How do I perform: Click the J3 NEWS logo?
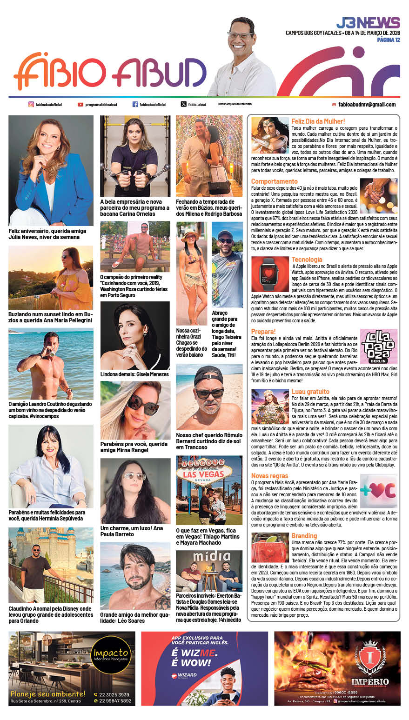click(x=368, y=23)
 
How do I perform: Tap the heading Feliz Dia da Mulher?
click(x=318, y=121)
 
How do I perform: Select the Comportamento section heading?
click(x=274, y=181)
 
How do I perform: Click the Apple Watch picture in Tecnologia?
click(x=270, y=273)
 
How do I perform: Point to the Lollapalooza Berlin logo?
click(x=378, y=346)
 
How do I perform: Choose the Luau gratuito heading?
click(x=310, y=392)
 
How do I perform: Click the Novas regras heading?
click(x=269, y=476)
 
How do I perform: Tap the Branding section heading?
click(x=304, y=536)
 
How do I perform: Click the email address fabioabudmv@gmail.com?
click(x=367, y=105)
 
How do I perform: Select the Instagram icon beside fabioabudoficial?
click(x=31, y=105)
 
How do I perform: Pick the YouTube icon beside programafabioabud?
click(x=80, y=105)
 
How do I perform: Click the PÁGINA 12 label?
click(x=388, y=40)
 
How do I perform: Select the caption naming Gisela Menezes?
click(x=134, y=374)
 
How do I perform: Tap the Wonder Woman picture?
click(x=270, y=135)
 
